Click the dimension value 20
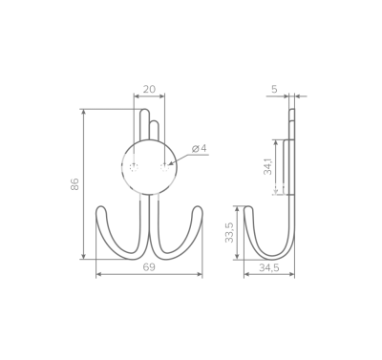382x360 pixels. (x=149, y=90)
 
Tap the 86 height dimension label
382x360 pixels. (x=74, y=184)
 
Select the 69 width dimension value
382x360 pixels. (x=149, y=267)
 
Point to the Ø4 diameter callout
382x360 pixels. (x=200, y=148)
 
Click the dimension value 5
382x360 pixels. (x=274, y=90)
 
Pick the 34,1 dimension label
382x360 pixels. (x=267, y=166)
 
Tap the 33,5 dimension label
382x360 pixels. (x=229, y=232)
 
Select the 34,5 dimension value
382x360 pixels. (x=269, y=268)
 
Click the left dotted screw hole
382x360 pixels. (x=134, y=167)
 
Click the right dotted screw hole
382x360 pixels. (x=164, y=167)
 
